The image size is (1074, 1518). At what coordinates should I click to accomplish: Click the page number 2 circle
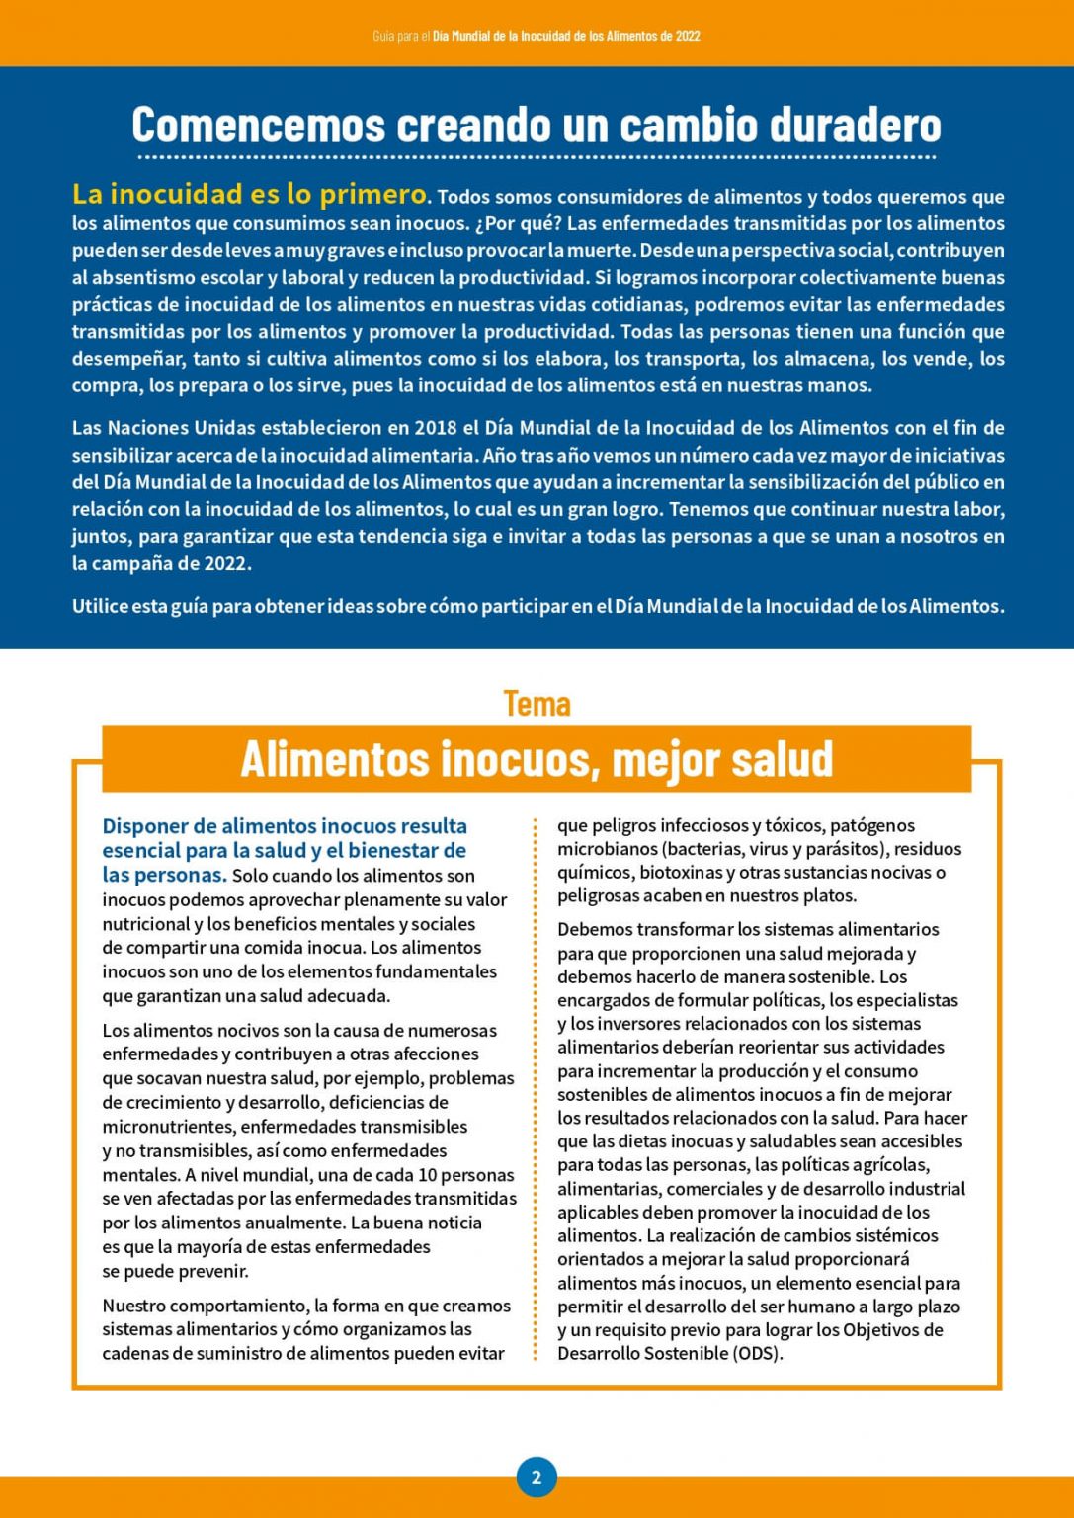(537, 1477)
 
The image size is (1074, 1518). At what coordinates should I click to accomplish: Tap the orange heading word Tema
(537, 703)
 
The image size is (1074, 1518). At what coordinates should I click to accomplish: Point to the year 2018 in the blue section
(435, 428)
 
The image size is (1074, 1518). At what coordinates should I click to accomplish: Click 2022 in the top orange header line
(688, 36)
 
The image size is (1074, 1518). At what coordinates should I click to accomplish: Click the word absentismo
(143, 278)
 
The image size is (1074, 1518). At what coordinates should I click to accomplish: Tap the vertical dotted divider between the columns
(536, 1087)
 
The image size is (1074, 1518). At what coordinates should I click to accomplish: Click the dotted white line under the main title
(537, 157)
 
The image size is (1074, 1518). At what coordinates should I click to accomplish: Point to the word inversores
(638, 1024)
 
